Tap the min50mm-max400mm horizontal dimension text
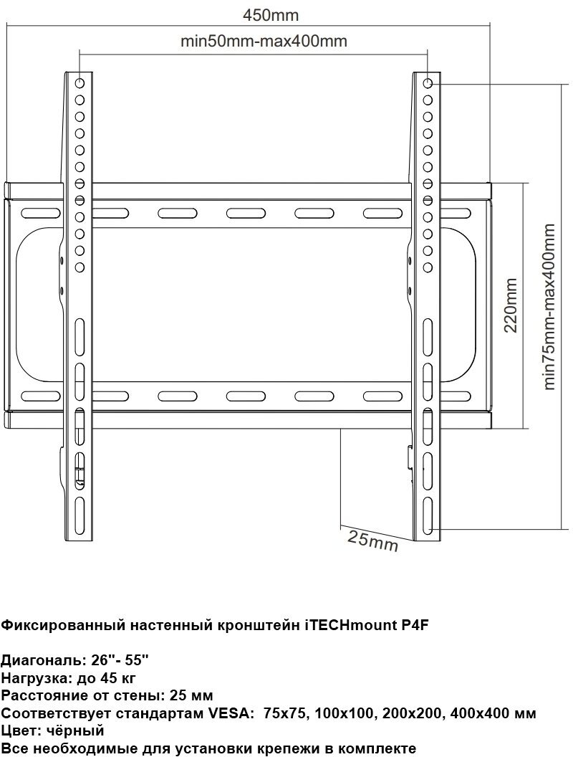pos(264,42)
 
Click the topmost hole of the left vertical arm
pos(80,83)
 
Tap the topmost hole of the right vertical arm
pos(428,83)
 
